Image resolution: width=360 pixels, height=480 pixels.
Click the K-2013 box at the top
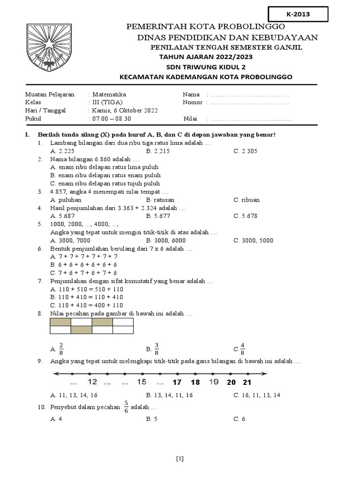pos(298,15)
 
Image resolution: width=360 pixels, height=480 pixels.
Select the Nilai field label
pos(191,119)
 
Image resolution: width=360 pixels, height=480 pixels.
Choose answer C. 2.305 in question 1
pos(246,151)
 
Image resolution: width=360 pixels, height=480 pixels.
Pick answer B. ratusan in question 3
pos(160,200)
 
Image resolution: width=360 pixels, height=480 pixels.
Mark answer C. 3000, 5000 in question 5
pos(253,240)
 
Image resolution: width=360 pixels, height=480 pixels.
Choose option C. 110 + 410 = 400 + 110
pos(86,305)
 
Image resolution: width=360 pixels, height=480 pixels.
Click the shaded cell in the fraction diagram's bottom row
pos(81,330)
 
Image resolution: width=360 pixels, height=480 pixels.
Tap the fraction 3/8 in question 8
pos(157,349)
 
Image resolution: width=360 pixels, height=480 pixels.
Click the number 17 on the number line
pos(177,382)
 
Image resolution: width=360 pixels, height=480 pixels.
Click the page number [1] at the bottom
pos(180,459)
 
